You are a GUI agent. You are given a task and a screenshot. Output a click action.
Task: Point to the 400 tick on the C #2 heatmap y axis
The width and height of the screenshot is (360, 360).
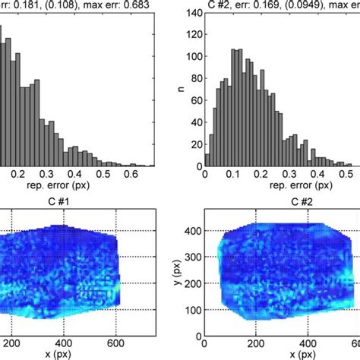click(x=194, y=229)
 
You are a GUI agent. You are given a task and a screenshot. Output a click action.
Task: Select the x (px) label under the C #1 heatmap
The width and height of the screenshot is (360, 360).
click(x=63, y=355)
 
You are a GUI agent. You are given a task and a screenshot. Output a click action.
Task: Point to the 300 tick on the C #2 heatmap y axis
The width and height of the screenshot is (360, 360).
click(x=194, y=256)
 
